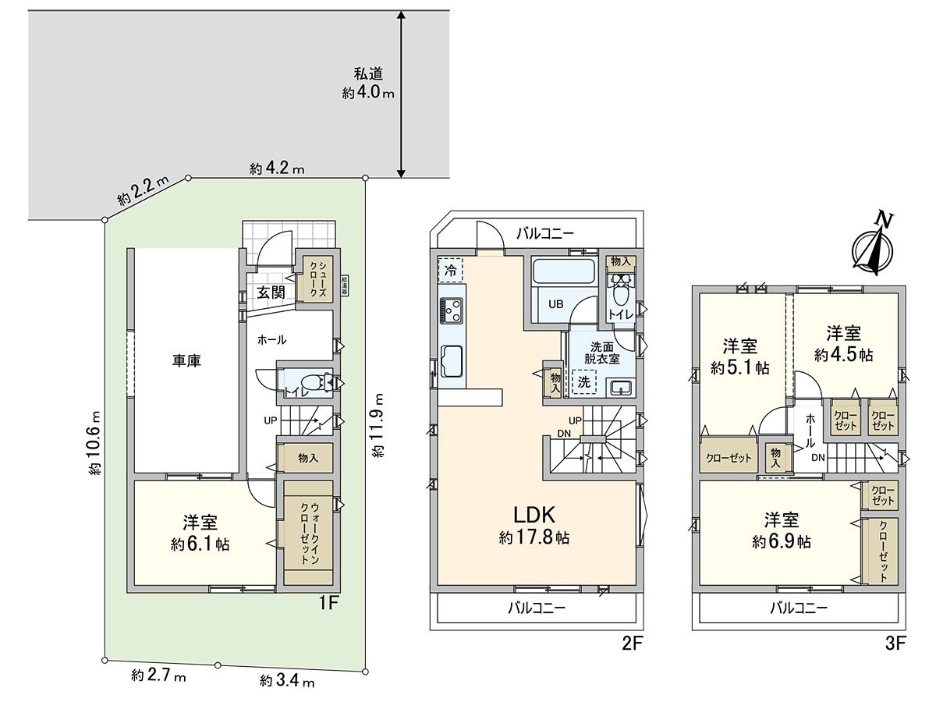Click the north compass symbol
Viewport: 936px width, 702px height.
(874, 246)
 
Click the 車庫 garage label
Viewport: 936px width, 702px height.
(186, 361)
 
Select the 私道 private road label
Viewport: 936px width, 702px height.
(367, 75)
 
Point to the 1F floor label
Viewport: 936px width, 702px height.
(326, 602)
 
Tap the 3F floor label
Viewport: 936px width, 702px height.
(894, 643)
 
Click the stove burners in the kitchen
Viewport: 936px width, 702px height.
(452, 310)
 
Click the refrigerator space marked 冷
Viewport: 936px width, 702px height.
(450, 270)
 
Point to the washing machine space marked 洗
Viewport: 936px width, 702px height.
(582, 382)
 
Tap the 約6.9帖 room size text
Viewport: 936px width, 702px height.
(781, 541)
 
